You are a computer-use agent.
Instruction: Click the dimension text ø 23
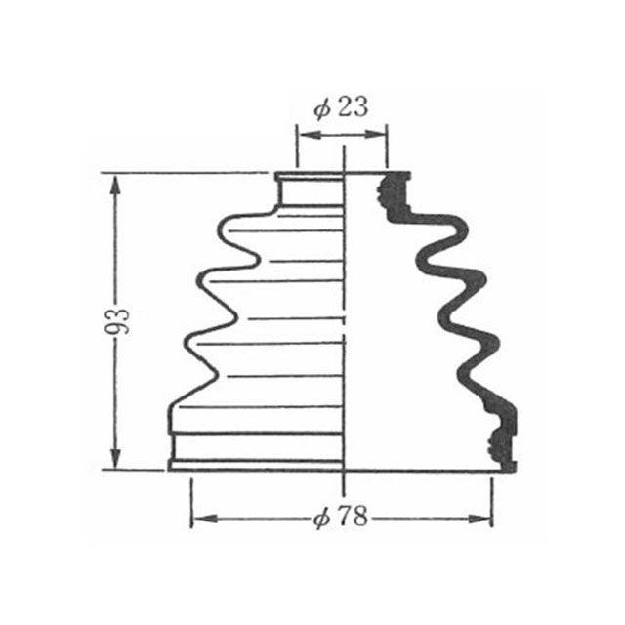click(341, 107)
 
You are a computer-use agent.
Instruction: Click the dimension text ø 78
click(340, 517)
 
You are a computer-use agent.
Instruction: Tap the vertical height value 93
click(117, 321)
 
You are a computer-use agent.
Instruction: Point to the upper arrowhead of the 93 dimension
click(115, 187)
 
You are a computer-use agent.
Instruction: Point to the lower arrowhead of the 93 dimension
click(115, 457)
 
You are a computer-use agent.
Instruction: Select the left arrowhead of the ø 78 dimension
click(204, 519)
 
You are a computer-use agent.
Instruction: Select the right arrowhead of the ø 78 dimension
click(479, 519)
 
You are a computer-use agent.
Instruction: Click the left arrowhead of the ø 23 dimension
click(310, 135)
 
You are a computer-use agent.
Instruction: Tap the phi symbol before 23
click(322, 109)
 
